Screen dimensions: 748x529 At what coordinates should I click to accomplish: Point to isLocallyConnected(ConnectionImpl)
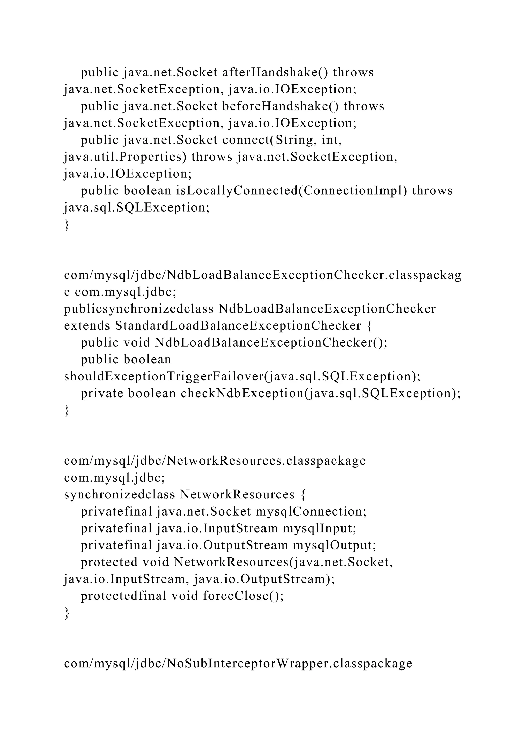click(292, 191)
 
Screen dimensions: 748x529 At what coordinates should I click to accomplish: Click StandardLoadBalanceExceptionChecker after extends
click(238, 326)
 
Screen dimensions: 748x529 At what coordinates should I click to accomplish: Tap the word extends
click(87, 326)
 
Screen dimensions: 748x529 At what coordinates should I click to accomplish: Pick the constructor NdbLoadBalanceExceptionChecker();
click(271, 343)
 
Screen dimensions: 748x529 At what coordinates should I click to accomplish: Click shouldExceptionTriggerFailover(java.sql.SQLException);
click(242, 377)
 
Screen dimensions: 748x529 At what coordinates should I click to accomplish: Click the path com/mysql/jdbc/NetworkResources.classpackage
click(215, 461)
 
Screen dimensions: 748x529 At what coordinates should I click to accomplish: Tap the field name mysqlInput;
click(320, 528)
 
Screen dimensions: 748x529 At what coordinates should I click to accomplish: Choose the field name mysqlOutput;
click(334, 545)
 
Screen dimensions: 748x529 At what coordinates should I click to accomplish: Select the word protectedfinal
click(123, 596)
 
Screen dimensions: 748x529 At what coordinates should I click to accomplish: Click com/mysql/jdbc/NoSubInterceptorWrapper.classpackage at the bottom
click(238, 664)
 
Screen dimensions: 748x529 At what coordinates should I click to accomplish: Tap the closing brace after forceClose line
click(67, 613)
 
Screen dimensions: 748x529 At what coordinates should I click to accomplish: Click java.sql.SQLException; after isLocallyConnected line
click(137, 207)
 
